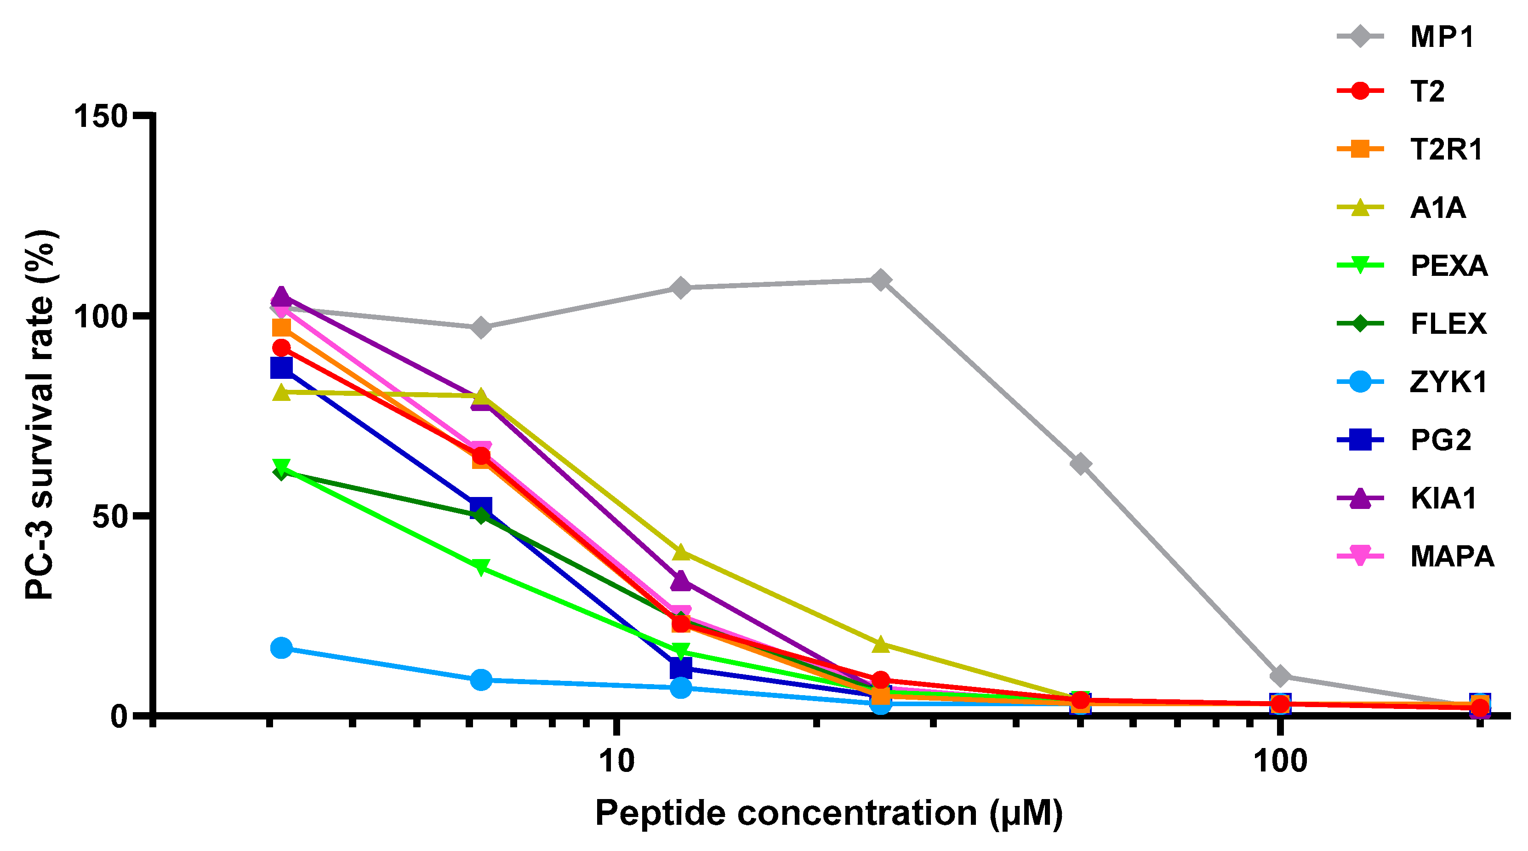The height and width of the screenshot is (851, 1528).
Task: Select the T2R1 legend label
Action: tap(1446, 149)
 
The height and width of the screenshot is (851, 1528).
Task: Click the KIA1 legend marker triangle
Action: tap(1360, 498)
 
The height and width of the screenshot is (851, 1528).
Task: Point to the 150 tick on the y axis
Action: tap(101, 116)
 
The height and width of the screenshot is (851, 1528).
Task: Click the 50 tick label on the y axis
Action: tap(110, 516)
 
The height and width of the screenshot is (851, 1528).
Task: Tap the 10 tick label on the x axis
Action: tap(617, 761)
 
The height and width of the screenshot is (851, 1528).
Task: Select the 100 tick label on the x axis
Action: tap(1280, 761)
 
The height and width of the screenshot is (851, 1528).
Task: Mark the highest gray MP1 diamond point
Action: tap(881, 280)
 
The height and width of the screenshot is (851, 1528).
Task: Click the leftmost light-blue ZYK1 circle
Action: tap(281, 647)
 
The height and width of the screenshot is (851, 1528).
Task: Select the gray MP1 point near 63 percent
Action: tap(1081, 463)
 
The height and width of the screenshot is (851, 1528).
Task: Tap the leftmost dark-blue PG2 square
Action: tap(281, 367)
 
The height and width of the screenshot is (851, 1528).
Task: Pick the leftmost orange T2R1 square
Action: tap(281, 328)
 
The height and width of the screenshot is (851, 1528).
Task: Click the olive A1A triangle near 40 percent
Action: tap(681, 552)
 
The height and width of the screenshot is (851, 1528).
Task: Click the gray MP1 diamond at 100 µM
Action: tap(1281, 675)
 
